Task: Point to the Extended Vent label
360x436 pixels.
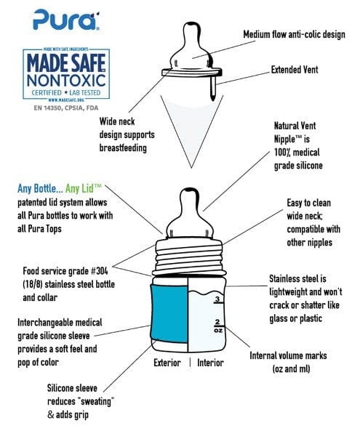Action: point(301,71)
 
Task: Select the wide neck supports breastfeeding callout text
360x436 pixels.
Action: point(133,134)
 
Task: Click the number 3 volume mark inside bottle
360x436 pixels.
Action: point(215,298)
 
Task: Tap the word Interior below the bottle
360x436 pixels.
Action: point(211,363)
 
